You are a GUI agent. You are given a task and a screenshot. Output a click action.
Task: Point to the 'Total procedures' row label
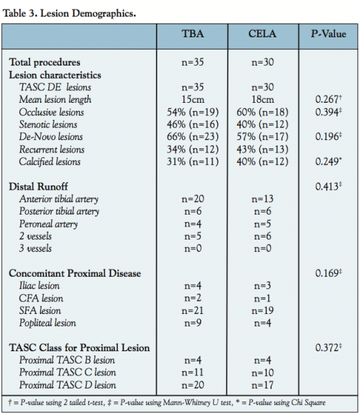45,62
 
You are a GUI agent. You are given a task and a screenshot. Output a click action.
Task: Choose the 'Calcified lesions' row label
50,161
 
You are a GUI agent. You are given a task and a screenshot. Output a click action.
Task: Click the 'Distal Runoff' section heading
39,186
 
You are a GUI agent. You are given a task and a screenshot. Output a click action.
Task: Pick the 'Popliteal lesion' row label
48,323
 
